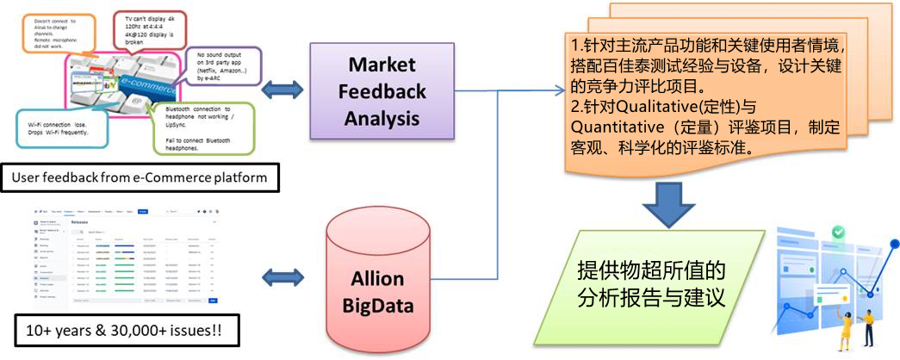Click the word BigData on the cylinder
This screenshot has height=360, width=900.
378,305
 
